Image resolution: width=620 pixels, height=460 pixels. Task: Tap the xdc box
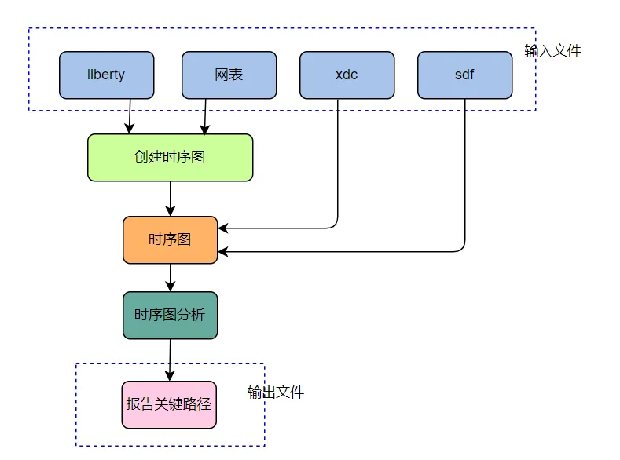coord(347,75)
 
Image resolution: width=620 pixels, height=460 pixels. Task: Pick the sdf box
coord(464,75)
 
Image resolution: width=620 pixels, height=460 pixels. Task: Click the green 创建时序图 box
coord(170,157)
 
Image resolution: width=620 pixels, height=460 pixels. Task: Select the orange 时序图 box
coord(170,239)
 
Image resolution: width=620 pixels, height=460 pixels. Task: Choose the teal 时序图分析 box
coord(170,316)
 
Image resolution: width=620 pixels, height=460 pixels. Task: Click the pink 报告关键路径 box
coord(169,405)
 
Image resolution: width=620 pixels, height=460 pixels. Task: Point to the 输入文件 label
coord(552,51)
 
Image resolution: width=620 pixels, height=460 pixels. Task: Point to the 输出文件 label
coord(276,392)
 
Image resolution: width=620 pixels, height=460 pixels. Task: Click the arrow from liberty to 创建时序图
coord(130,115)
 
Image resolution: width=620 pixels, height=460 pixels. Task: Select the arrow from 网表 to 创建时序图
coord(206,115)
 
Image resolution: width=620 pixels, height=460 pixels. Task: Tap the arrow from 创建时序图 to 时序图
coord(170,198)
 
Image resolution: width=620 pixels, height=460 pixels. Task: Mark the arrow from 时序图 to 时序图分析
coord(170,277)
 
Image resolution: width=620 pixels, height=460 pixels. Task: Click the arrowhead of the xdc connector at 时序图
coord(223,228)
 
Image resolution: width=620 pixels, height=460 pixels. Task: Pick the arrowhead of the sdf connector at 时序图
coord(223,252)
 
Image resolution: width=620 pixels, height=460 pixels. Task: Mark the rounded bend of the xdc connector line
coord(335,225)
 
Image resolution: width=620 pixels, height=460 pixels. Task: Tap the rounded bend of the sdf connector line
coord(462,249)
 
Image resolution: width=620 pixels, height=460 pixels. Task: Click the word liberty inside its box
coord(106,75)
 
